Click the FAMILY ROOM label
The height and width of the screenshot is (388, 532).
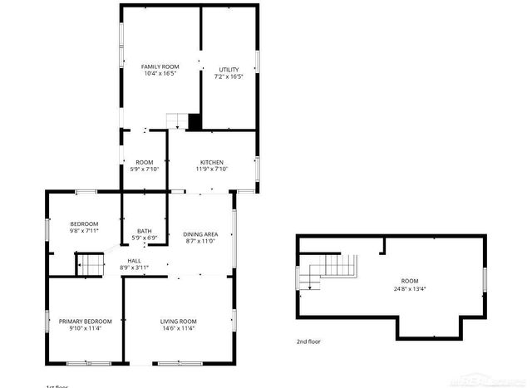(160, 66)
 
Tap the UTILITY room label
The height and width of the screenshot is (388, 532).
(229, 69)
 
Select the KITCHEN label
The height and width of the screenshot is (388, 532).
(212, 162)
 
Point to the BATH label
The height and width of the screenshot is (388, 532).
(145, 232)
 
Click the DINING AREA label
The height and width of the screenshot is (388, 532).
(200, 234)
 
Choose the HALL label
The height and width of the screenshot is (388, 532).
(134, 261)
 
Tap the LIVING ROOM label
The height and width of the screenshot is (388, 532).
(178, 321)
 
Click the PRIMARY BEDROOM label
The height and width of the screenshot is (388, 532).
(85, 321)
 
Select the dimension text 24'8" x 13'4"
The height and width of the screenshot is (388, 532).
(410, 288)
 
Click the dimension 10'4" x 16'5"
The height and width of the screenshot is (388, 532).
(160, 74)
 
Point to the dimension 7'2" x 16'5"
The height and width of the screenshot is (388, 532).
(229, 76)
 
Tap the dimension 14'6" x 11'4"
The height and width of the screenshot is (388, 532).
(178, 328)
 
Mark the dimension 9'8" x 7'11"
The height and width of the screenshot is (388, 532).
(84, 231)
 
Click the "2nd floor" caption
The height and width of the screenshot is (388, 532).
(308, 341)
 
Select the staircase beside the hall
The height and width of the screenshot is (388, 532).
(91, 265)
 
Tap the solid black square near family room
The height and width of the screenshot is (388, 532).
(195, 121)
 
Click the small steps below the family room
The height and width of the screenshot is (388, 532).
(176, 121)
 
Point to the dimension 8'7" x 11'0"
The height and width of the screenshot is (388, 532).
(200, 242)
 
